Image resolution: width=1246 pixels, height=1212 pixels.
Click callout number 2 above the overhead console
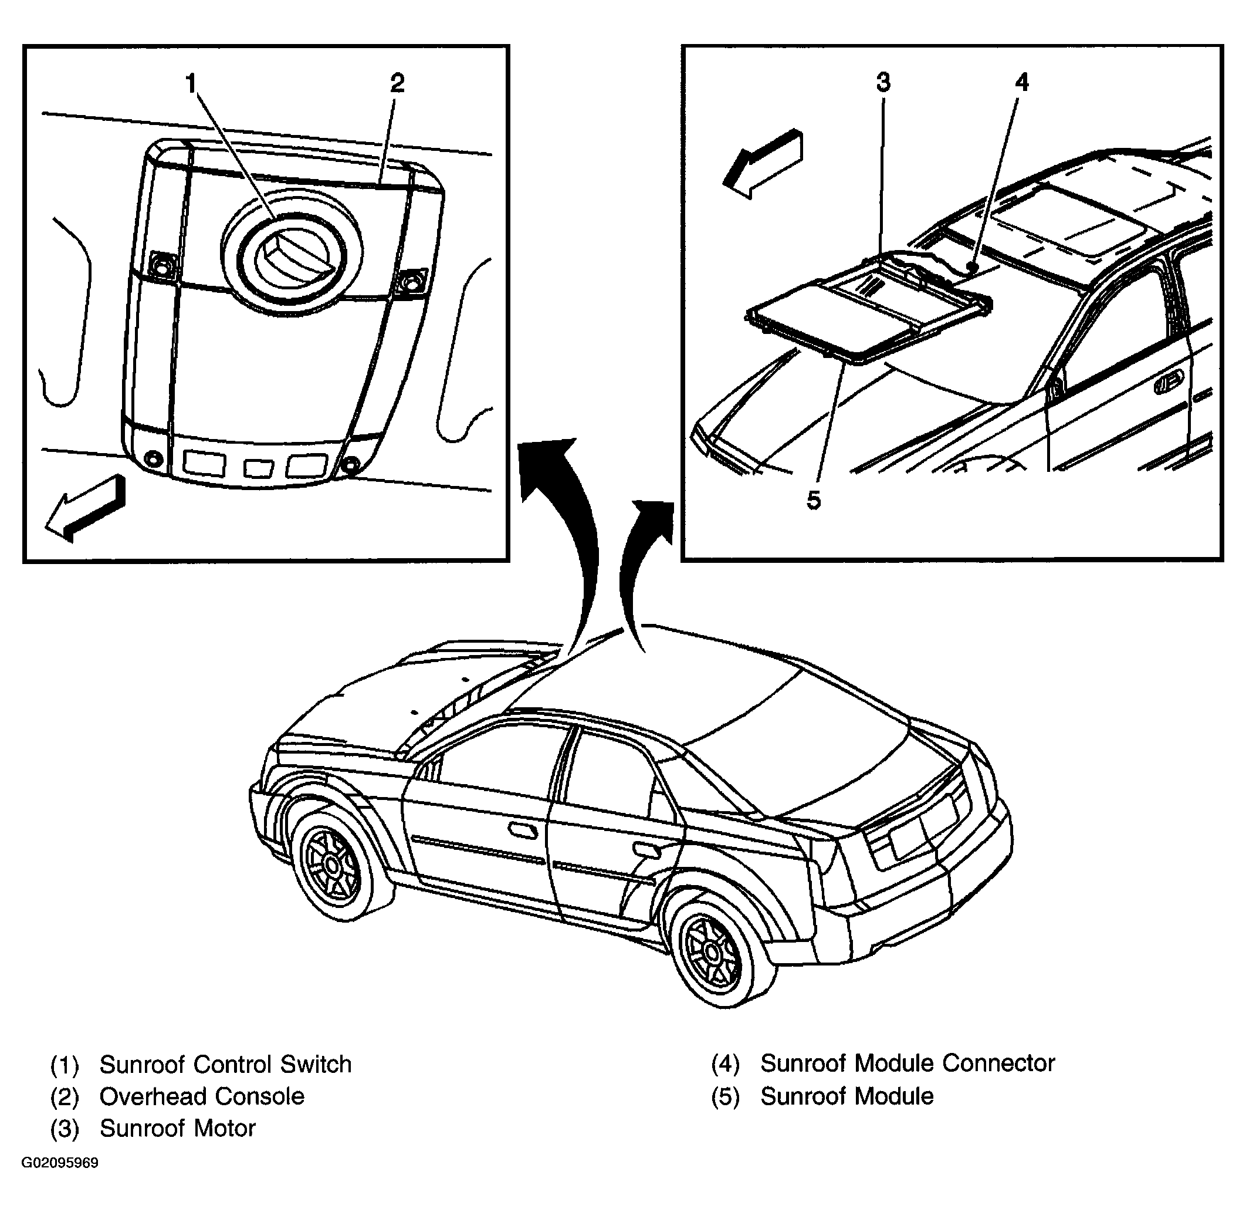(397, 83)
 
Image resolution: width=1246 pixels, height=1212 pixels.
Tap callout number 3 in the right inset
(883, 82)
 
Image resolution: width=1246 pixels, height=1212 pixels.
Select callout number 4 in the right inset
(1021, 82)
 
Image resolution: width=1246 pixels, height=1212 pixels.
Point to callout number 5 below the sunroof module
(813, 500)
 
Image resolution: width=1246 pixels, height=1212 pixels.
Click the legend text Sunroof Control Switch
(225, 1064)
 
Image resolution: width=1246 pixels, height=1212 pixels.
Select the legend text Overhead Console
(202, 1096)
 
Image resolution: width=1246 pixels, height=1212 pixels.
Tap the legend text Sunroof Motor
(178, 1128)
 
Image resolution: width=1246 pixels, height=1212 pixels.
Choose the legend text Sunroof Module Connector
(908, 1063)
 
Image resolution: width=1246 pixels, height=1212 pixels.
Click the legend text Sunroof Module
(847, 1096)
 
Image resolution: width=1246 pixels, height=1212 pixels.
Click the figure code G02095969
(60, 1163)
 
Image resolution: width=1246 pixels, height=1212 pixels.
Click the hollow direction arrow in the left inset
(84, 508)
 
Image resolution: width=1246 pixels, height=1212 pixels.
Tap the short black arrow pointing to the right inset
(636, 566)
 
